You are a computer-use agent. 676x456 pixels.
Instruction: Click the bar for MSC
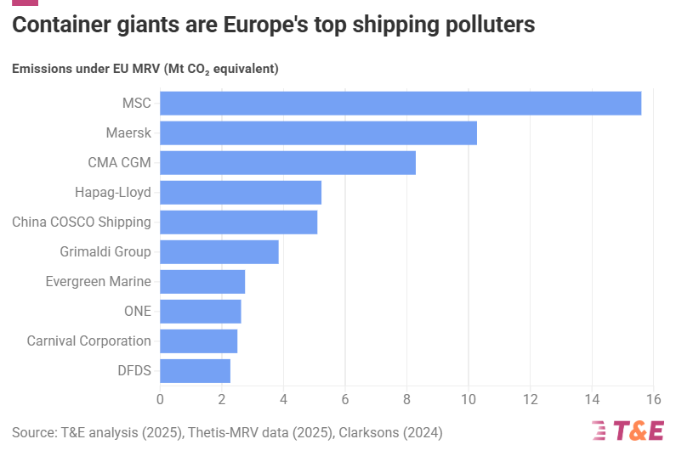400,104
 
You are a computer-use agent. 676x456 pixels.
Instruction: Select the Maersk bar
318,133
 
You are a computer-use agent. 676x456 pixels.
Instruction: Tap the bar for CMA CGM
287,163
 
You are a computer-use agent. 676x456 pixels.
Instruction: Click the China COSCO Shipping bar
238,222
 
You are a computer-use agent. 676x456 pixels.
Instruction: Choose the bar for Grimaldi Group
219,252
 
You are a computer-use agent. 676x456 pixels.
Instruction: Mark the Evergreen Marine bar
202,282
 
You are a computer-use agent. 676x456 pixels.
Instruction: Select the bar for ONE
201,312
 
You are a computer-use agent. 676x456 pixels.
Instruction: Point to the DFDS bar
195,371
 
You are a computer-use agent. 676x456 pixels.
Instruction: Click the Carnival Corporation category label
88,341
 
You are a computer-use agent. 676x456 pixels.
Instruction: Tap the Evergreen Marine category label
98,282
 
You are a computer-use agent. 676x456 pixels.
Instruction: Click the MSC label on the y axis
136,104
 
